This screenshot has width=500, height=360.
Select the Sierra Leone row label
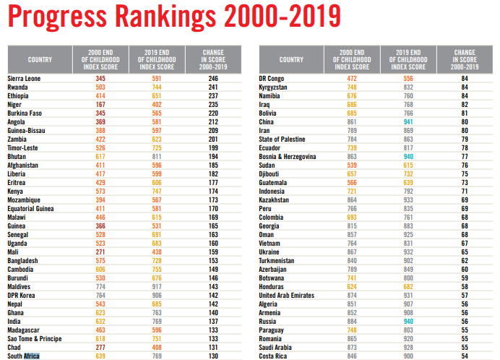point(24,77)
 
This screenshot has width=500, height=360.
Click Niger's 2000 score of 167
point(100,103)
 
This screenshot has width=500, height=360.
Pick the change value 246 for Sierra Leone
point(213,77)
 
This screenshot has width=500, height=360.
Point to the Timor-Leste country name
point(25,147)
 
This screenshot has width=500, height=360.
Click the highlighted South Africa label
point(23,356)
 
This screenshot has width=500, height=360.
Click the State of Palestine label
point(282,139)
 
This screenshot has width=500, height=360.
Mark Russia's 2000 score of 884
point(352,321)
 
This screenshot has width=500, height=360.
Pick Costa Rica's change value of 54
point(465,356)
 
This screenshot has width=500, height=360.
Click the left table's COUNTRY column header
point(40,59)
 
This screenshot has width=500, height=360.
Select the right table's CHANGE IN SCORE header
point(465,59)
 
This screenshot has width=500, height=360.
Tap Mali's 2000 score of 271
point(100,252)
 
